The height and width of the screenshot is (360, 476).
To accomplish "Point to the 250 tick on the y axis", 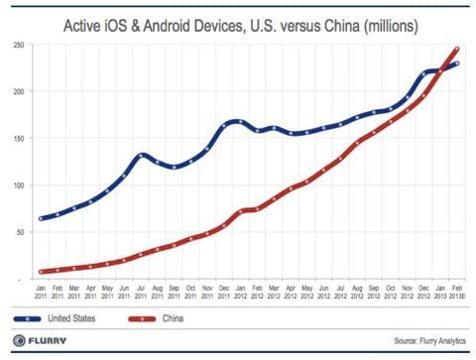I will click(19, 46).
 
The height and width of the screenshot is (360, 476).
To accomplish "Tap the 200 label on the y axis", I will click(19, 92).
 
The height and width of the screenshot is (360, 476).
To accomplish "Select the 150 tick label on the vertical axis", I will click(19, 139).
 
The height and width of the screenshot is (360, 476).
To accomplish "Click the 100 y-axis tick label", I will click(19, 185).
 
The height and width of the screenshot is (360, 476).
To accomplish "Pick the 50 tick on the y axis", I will click(21, 232).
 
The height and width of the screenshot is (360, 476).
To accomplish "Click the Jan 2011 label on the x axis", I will click(42, 292).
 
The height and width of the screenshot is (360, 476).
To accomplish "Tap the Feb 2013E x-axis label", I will click(455, 292).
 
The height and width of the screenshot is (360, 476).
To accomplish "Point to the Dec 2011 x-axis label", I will click(223, 292).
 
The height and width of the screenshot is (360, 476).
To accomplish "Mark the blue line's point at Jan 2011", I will click(42, 218).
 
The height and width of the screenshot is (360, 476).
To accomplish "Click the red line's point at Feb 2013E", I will click(455, 49).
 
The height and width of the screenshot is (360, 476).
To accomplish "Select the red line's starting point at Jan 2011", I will click(42, 271).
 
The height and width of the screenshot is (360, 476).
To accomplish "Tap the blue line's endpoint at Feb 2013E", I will click(455, 63).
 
